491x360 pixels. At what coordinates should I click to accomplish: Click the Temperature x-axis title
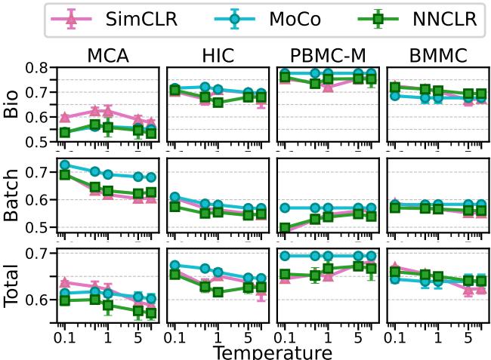pos(272,352)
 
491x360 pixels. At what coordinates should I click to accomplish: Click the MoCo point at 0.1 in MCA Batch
pos(65,165)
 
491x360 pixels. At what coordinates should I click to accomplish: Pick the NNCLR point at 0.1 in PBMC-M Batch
pos(284,228)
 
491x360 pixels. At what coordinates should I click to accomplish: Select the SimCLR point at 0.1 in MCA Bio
pos(65,118)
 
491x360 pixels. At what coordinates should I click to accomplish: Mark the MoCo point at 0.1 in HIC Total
pos(175,266)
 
